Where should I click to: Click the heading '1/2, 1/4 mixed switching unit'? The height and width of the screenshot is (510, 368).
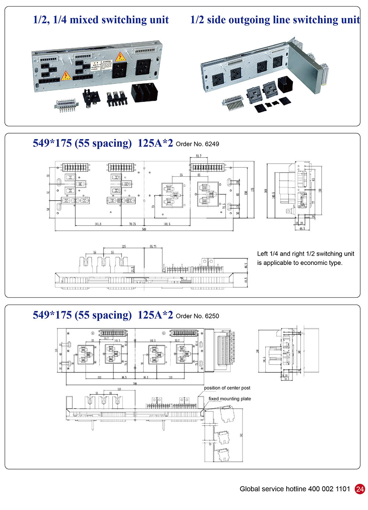101,20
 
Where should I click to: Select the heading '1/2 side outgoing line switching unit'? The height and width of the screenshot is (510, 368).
275,20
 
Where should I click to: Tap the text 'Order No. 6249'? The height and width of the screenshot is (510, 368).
197,144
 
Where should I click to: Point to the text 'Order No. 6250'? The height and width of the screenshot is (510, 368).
197,316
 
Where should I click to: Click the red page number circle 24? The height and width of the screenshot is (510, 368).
360,489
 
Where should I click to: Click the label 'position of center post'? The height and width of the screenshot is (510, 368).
227,388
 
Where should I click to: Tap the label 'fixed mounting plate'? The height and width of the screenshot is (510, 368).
230,399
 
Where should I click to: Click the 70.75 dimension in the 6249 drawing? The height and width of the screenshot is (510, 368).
132,224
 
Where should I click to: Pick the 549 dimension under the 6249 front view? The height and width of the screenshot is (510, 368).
144,229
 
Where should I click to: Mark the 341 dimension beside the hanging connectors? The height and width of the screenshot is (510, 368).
241,435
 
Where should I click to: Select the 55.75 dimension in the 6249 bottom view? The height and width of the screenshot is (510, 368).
153,247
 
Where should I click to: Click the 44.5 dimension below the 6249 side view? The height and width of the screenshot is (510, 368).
302,229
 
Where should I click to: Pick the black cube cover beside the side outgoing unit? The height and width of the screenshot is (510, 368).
285,84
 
